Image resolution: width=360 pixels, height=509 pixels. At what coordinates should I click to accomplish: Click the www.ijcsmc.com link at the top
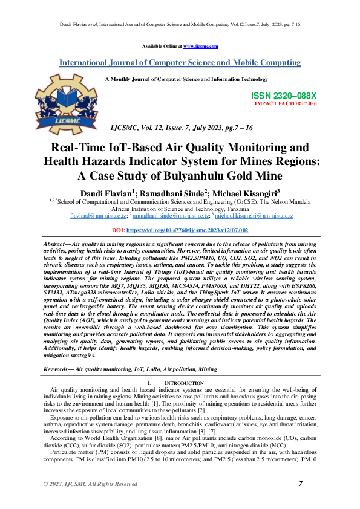tap(200, 46)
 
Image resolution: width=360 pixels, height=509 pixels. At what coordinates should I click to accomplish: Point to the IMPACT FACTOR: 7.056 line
tap(286, 103)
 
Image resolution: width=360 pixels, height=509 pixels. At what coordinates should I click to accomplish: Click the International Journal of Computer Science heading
tap(180, 63)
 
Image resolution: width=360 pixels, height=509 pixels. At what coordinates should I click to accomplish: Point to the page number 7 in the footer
tap(301, 483)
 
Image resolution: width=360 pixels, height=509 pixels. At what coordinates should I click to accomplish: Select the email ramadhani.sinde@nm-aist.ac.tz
tap(171, 215)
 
